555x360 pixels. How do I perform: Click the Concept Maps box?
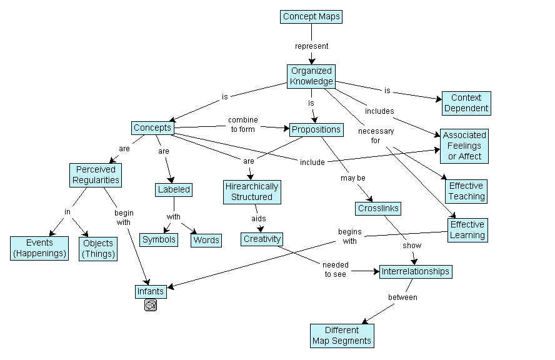coord(311,17)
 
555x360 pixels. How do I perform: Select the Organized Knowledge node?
coord(311,76)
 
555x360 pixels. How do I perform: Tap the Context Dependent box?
coord(466,103)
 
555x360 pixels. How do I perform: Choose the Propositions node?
coord(316,130)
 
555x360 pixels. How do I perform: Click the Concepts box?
coord(152,128)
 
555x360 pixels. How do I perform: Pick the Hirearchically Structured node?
coord(252,192)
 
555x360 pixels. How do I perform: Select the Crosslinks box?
coord(378,208)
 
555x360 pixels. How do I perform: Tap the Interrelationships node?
coord(415,272)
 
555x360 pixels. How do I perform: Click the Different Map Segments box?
coord(342,336)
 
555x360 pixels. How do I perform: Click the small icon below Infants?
coord(151,305)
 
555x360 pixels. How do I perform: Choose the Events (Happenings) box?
coord(39,248)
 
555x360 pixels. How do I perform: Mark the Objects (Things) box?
coord(98,248)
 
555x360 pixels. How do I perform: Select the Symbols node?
coord(159,239)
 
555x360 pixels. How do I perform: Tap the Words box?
coord(206,240)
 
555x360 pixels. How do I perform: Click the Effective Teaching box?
coord(466,191)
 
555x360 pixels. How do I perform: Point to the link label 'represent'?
coord(311,46)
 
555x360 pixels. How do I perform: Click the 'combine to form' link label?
coord(242,124)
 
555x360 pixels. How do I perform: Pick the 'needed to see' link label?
coord(336,269)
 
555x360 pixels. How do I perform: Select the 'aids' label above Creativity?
coord(259,219)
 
